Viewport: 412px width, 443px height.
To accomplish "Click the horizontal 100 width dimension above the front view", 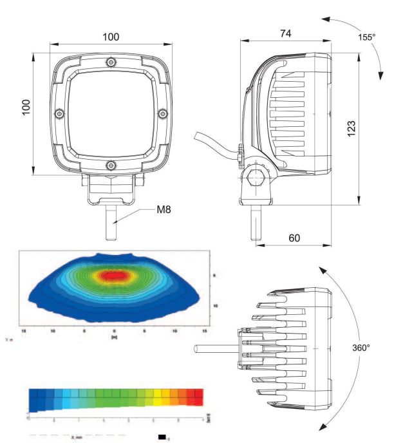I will [x=111, y=37].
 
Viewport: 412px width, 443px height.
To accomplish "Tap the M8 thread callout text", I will [x=164, y=209].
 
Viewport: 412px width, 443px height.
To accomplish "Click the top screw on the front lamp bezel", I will [x=111, y=62].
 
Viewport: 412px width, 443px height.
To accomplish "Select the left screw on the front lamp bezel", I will [x=59, y=113].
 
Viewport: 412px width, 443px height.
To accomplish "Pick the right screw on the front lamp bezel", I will [x=163, y=113].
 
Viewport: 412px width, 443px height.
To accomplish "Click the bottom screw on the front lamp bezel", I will [x=111, y=165].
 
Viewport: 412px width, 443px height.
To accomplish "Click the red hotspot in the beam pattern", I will [x=115, y=276].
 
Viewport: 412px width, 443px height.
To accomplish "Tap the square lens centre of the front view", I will [x=111, y=113].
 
